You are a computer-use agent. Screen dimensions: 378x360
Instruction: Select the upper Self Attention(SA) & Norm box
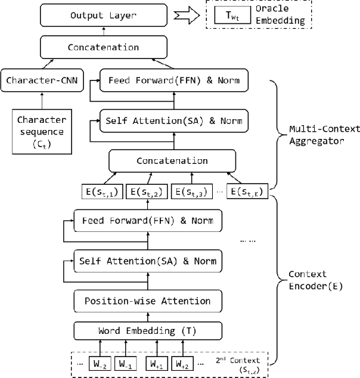click(x=173, y=121)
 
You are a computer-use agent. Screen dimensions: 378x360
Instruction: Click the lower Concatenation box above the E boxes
click(x=172, y=161)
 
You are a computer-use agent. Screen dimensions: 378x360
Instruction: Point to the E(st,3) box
click(x=191, y=191)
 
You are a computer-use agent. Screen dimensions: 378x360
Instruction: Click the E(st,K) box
click(x=248, y=191)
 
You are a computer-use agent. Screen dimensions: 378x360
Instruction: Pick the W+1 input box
click(x=157, y=362)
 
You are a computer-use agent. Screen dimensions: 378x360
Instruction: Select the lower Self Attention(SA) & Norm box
click(x=145, y=261)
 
